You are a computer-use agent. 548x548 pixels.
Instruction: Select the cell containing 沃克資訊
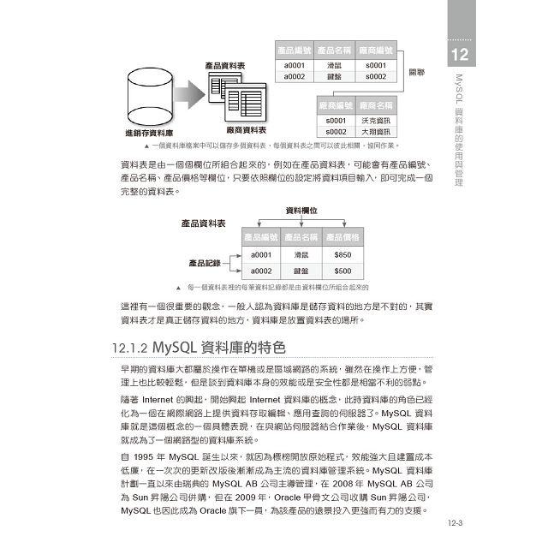pos(377,121)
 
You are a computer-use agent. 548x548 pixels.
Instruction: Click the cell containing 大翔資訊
pos(377,132)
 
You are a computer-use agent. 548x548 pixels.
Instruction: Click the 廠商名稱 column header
pos(377,104)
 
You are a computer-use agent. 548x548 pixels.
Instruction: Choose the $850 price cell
pos(342,254)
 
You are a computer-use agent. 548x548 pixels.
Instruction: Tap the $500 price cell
pos(342,271)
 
